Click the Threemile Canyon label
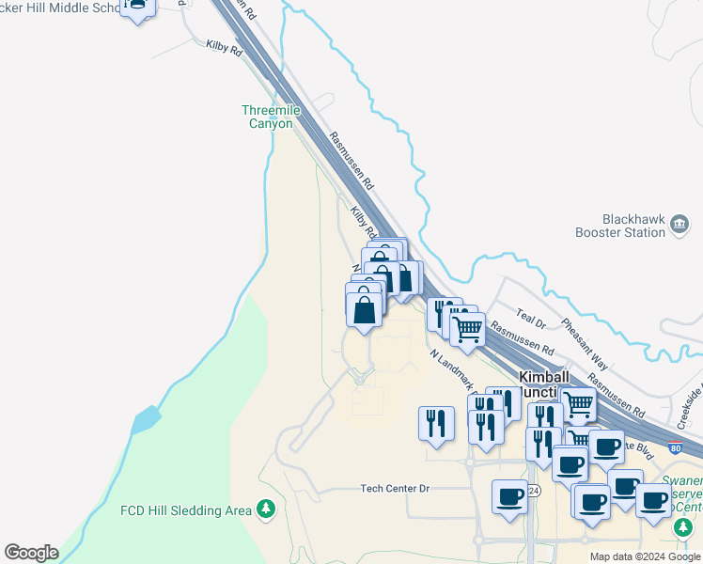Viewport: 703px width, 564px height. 272,117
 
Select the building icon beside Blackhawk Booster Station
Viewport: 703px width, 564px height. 680,227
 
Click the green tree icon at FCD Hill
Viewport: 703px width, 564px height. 267,509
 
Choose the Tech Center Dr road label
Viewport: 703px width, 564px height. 395,489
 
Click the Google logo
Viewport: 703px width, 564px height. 31,553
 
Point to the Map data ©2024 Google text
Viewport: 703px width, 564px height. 645,556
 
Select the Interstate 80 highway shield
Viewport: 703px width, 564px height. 677,448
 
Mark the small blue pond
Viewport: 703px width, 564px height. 146,418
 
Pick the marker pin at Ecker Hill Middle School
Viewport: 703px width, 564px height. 138,8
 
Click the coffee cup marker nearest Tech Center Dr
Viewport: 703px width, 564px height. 510,496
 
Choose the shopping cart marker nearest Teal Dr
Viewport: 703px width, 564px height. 467,330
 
